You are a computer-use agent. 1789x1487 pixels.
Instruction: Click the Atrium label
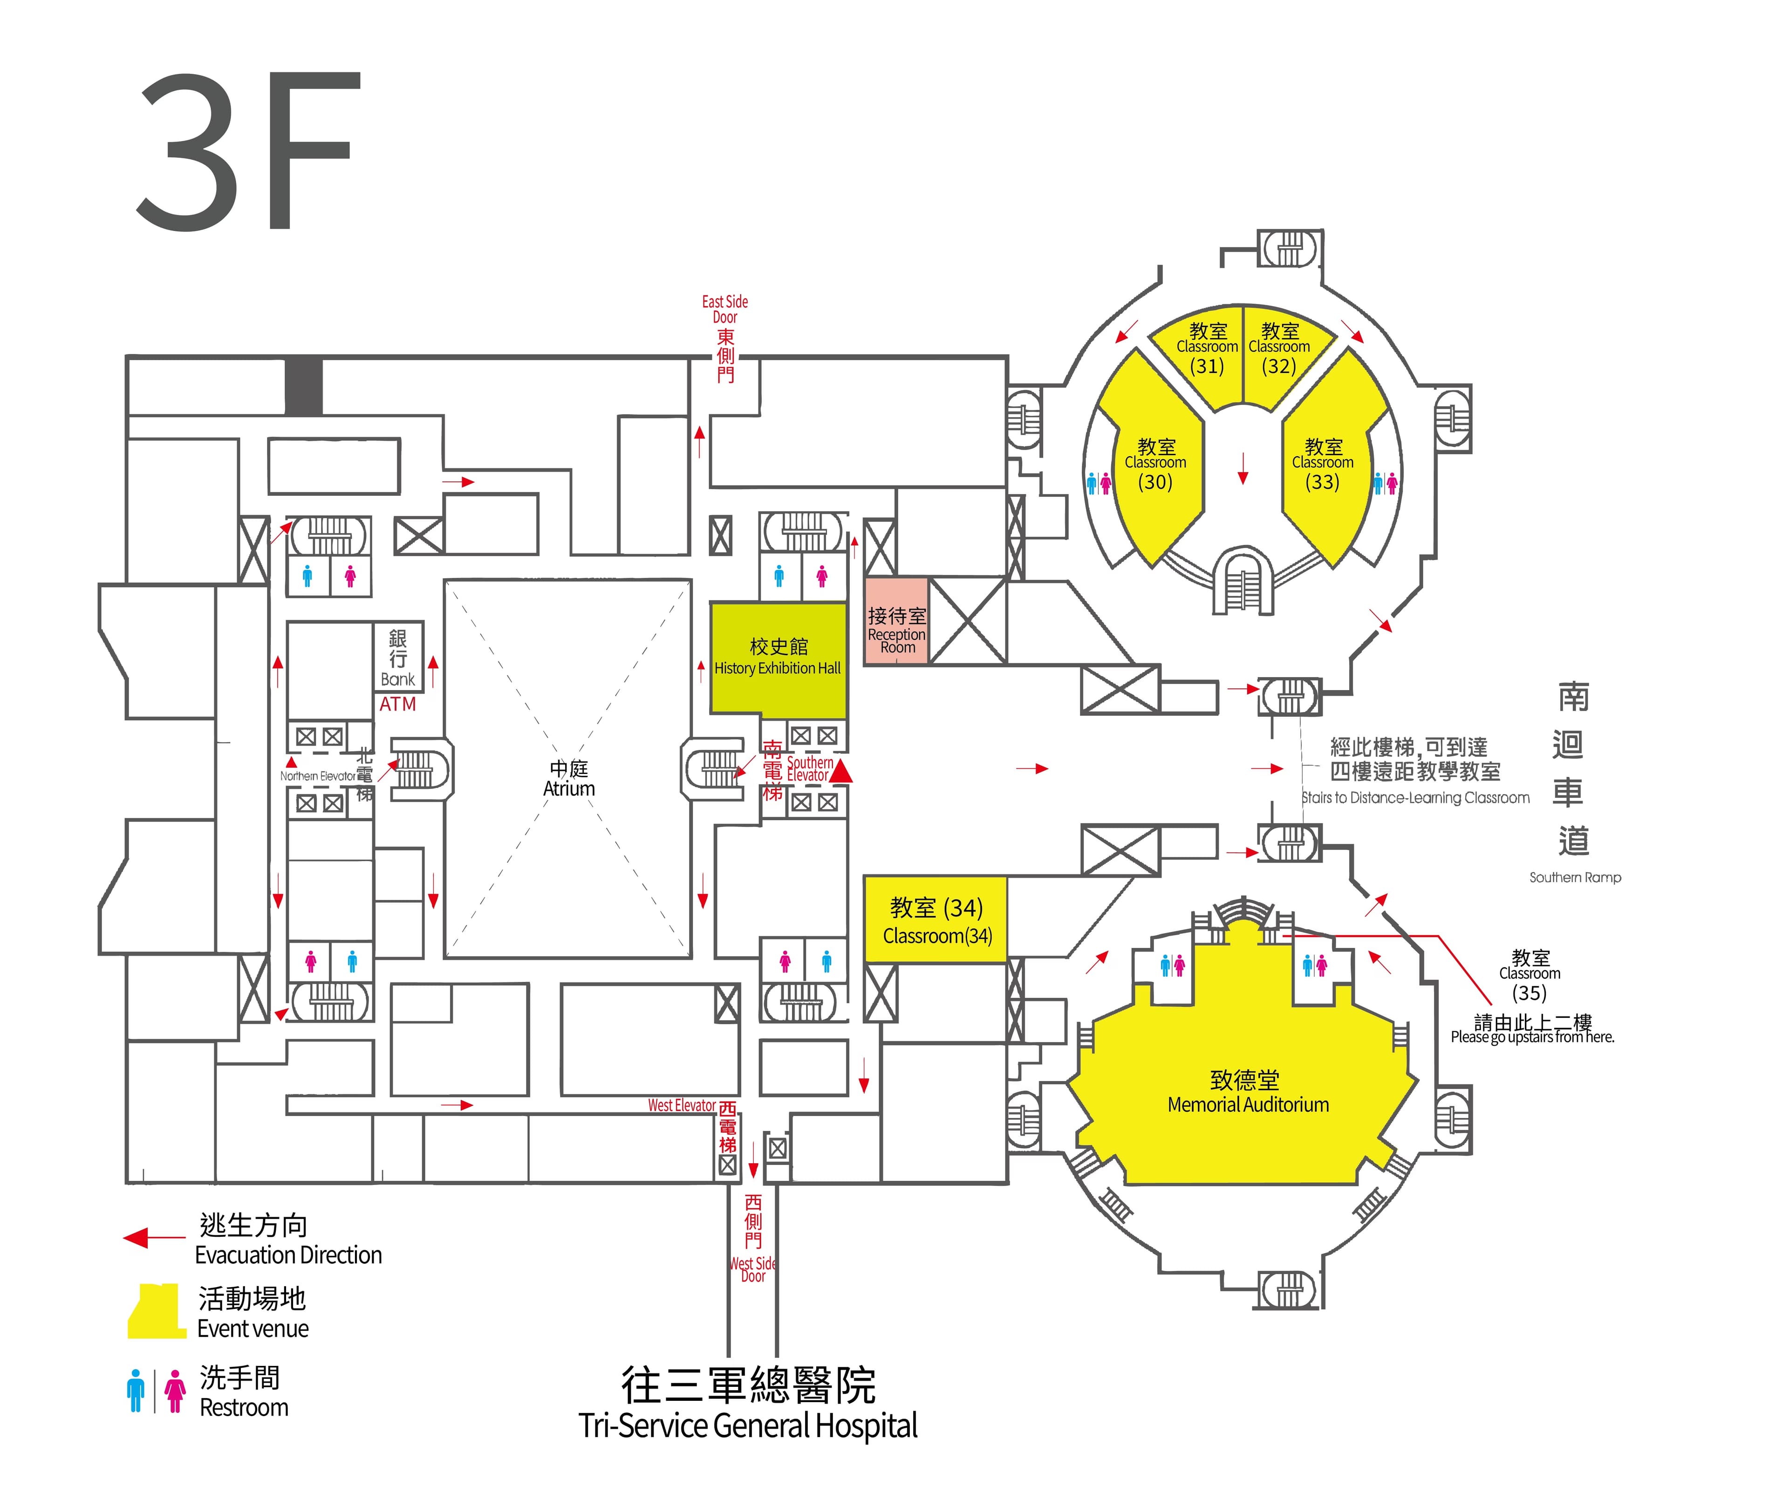(x=569, y=779)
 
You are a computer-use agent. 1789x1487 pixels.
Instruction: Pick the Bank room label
(x=398, y=679)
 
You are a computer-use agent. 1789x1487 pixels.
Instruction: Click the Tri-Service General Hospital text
(x=748, y=1425)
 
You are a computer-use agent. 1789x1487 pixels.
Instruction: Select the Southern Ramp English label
(x=1574, y=877)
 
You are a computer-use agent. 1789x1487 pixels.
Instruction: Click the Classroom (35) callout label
(x=1530, y=976)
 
